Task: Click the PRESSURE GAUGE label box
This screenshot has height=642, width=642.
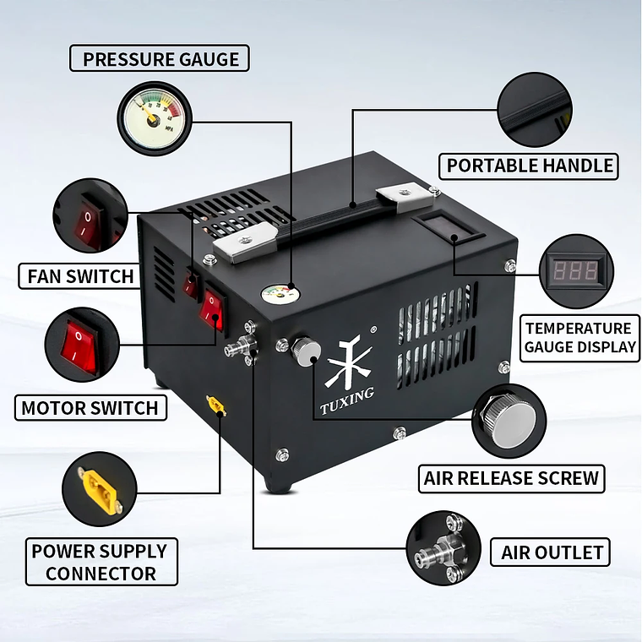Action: coord(160,59)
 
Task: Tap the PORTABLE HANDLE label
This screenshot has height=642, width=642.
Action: coord(530,165)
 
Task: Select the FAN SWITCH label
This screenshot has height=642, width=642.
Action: coord(80,275)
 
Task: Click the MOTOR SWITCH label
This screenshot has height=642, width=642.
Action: coord(90,408)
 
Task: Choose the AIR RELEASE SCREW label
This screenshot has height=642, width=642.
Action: coord(511,478)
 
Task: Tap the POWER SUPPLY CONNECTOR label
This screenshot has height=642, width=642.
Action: coord(100,562)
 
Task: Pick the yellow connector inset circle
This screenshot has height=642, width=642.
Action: coord(98,488)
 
